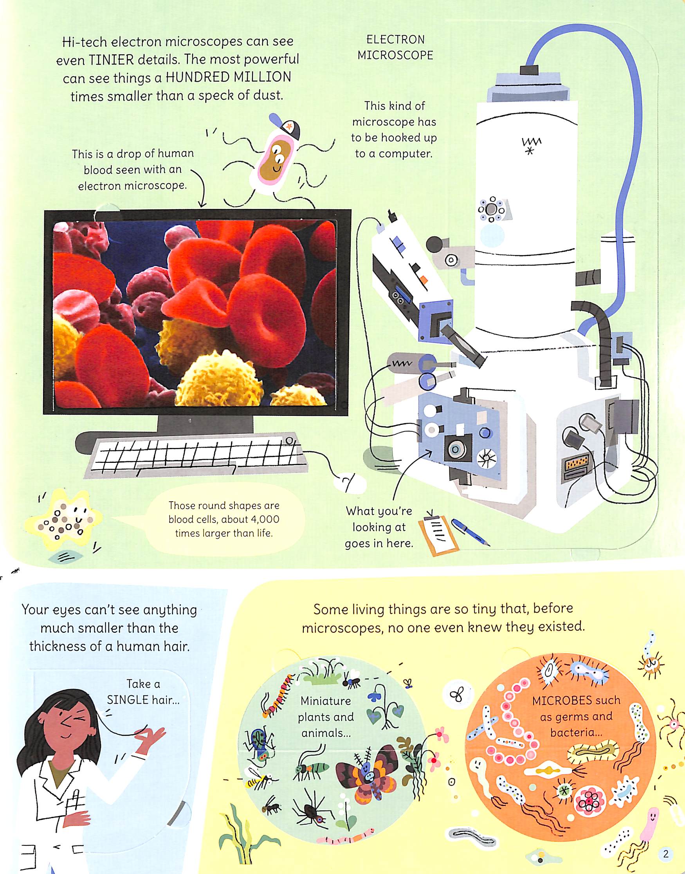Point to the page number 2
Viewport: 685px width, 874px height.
(x=666, y=854)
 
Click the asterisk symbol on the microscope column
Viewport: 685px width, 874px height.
(x=530, y=151)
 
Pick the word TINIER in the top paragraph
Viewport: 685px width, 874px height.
(x=112, y=60)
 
